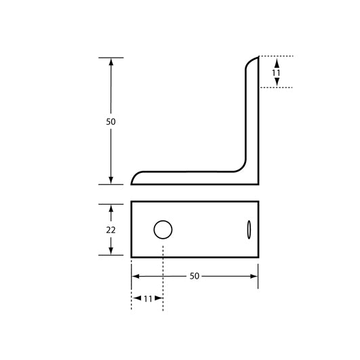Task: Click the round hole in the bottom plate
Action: (163, 230)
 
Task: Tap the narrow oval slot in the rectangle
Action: (249, 229)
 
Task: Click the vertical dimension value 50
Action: (111, 121)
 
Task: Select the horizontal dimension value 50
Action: (194, 276)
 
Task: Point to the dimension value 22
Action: (111, 230)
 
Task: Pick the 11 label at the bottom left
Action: (147, 298)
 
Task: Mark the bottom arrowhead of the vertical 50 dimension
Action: (111, 180)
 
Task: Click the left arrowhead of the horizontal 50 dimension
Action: (136, 276)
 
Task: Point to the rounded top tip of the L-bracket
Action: (253, 60)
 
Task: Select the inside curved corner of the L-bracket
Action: (241, 167)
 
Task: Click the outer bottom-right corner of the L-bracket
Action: (258, 184)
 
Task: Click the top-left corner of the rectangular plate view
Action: (132, 201)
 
